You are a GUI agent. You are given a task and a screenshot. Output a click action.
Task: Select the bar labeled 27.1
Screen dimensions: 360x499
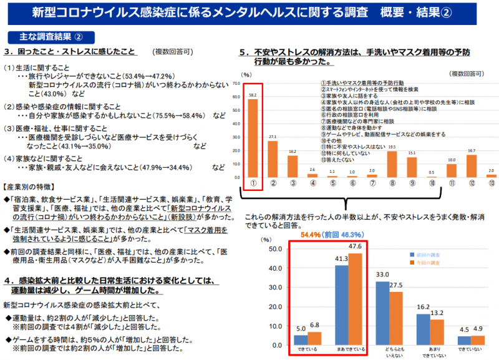(273, 158)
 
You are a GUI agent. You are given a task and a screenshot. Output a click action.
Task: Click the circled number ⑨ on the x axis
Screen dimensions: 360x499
(412, 184)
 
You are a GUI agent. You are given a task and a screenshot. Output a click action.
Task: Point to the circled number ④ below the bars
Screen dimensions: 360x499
(312, 184)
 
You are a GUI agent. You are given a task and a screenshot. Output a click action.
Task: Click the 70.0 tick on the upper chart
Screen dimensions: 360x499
(236, 83)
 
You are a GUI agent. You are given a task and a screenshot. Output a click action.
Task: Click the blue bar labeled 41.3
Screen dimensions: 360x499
(341, 304)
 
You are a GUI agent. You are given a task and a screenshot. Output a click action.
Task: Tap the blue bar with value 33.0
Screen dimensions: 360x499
(381, 313)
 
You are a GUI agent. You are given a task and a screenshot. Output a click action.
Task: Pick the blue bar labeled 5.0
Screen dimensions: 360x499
(301, 339)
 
